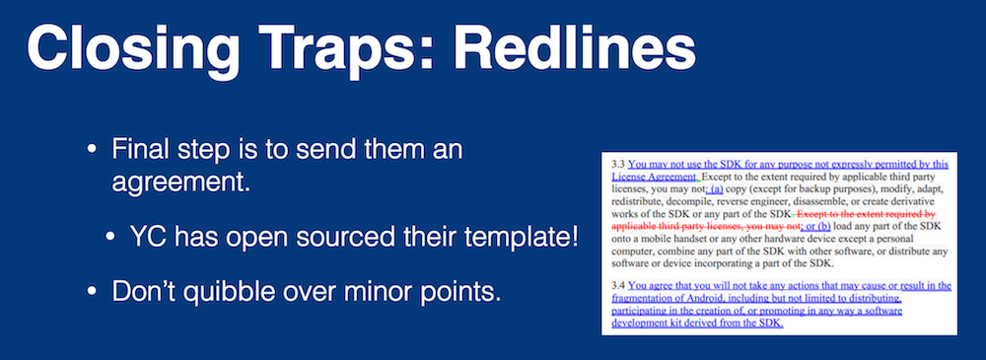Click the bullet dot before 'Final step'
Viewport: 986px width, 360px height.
[92, 151]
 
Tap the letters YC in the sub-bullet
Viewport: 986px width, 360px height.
[146, 239]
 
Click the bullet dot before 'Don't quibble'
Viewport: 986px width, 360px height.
[92, 293]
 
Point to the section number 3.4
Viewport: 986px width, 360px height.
[618, 285]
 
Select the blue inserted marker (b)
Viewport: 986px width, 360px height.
[823, 225]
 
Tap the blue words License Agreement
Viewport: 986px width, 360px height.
[654, 177]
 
